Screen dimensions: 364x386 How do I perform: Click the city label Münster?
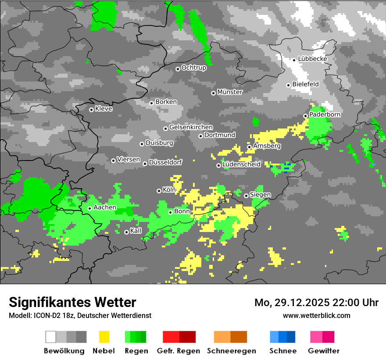(x=230, y=92)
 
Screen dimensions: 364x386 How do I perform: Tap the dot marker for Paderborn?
(x=306, y=116)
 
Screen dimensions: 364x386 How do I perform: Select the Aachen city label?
(x=105, y=207)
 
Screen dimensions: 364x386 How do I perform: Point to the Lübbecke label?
(x=312, y=59)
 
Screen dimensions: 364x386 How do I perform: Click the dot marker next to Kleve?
(x=91, y=110)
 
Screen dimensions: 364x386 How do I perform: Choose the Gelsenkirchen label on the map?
(x=191, y=127)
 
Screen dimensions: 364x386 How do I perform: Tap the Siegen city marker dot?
(x=247, y=196)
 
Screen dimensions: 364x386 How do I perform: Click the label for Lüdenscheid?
(x=241, y=164)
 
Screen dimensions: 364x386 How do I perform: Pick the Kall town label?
(x=136, y=231)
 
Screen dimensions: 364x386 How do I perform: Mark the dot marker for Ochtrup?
(x=178, y=69)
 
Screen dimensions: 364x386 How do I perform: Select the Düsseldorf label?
(x=165, y=162)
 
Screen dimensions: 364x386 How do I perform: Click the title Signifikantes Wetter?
(x=72, y=302)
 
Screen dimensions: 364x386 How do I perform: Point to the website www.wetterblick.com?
(x=316, y=315)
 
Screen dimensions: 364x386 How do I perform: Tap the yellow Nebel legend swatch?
(x=104, y=337)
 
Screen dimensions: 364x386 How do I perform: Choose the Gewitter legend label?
(x=324, y=351)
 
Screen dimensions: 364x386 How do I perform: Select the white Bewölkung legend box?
(x=51, y=337)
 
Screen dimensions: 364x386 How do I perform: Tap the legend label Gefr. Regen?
(x=179, y=351)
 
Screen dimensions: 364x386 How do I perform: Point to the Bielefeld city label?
(x=305, y=84)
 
